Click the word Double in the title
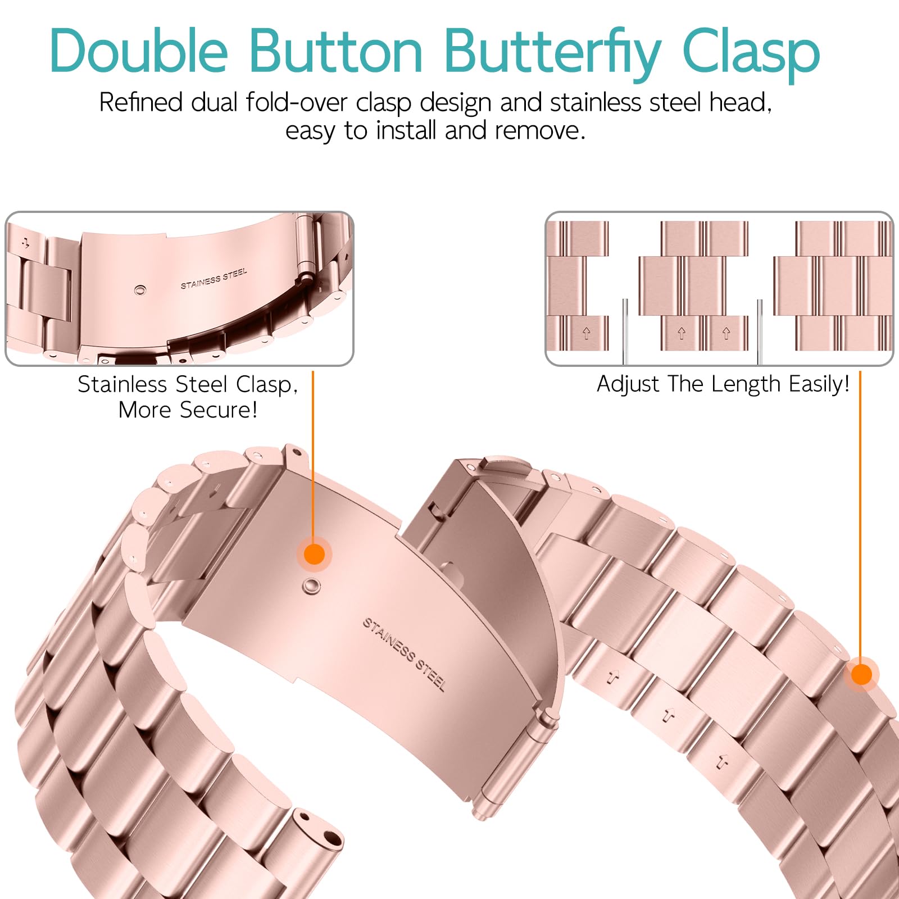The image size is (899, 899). pyautogui.click(x=139, y=50)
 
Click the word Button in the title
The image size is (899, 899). pyautogui.click(x=335, y=51)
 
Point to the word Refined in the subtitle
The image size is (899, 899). pyautogui.click(x=141, y=102)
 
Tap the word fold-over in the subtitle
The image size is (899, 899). pyautogui.click(x=297, y=102)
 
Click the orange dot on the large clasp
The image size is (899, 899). pyautogui.click(x=315, y=555)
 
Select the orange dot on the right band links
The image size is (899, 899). pyautogui.click(x=861, y=674)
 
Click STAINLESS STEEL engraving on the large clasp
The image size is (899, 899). pyautogui.click(x=404, y=655)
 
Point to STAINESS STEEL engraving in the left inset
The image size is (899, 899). pyautogui.click(x=214, y=279)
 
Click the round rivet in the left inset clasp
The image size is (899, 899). pyautogui.click(x=140, y=290)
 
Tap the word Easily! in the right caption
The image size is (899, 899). pyautogui.click(x=819, y=385)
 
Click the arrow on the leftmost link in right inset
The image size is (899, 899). pyautogui.click(x=587, y=333)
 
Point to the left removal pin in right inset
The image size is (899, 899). pyautogui.click(x=625, y=332)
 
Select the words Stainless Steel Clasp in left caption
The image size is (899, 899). pyautogui.click(x=188, y=384)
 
